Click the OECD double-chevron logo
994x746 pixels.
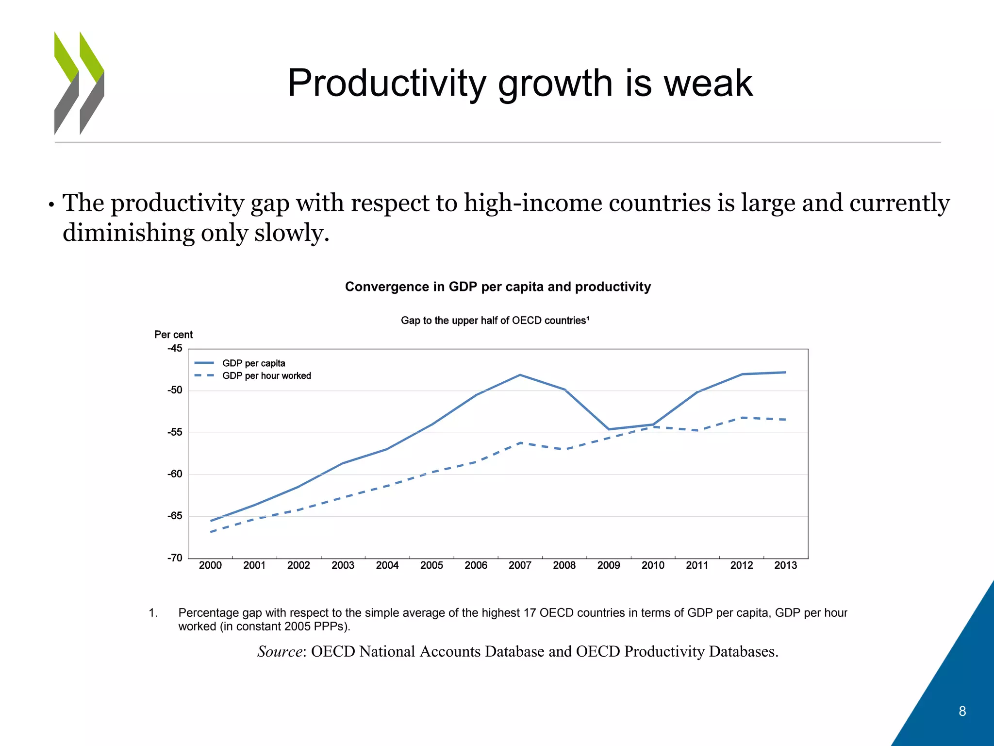(x=79, y=83)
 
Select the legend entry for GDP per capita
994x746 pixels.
(x=253, y=363)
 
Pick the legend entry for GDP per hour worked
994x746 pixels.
(x=266, y=376)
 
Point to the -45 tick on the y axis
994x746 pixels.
(x=175, y=348)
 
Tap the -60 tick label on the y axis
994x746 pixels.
(x=175, y=474)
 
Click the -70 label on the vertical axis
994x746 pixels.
(x=175, y=558)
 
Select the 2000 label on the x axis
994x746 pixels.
(x=210, y=565)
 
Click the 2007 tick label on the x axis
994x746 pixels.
(x=520, y=565)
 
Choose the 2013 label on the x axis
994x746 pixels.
(x=785, y=565)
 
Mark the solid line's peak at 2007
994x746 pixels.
(x=520, y=375)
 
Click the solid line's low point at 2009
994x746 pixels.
(x=609, y=429)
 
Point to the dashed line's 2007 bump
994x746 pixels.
(x=520, y=443)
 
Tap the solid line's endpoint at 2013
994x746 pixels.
(x=785, y=373)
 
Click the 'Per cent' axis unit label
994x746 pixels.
(x=173, y=335)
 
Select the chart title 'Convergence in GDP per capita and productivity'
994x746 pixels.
(x=497, y=287)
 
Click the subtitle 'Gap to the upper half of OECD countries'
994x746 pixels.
(x=495, y=321)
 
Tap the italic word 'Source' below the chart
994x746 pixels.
(x=280, y=651)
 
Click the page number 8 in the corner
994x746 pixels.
(x=962, y=711)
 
